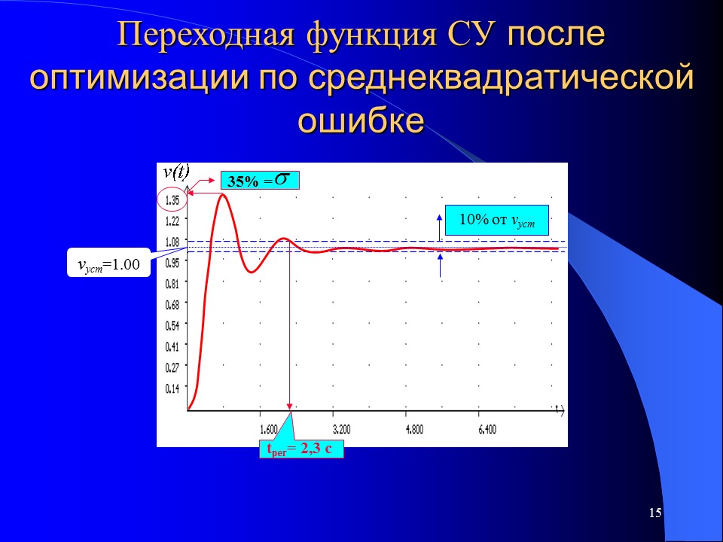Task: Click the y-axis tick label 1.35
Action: (172, 200)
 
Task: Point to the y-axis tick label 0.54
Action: (172, 325)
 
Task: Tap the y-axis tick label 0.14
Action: (172, 388)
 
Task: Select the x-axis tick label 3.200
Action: (341, 430)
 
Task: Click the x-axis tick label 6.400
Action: (487, 430)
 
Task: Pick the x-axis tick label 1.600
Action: (268, 430)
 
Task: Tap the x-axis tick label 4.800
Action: (414, 430)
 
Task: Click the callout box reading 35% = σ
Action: (260, 181)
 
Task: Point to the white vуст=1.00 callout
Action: (108, 264)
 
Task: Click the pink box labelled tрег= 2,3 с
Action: (300, 449)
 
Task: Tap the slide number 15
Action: (654, 513)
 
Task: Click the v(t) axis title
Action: (176, 172)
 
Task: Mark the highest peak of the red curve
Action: (223, 195)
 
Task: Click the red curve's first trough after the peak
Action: (252, 272)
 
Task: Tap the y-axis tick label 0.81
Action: (172, 284)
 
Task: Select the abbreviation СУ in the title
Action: (477, 36)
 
